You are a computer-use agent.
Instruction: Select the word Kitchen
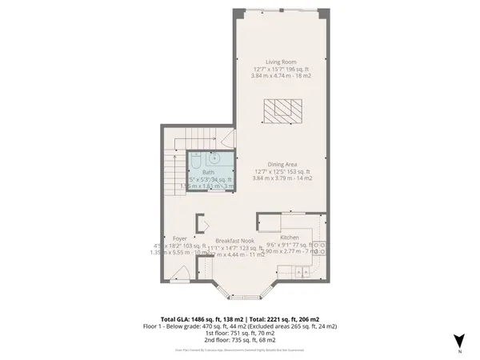click(x=290, y=238)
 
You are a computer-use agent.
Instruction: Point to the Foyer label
click(x=180, y=238)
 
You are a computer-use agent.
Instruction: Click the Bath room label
click(x=208, y=171)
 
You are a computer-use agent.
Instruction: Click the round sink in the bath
click(x=215, y=158)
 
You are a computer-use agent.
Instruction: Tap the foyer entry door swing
click(x=183, y=272)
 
